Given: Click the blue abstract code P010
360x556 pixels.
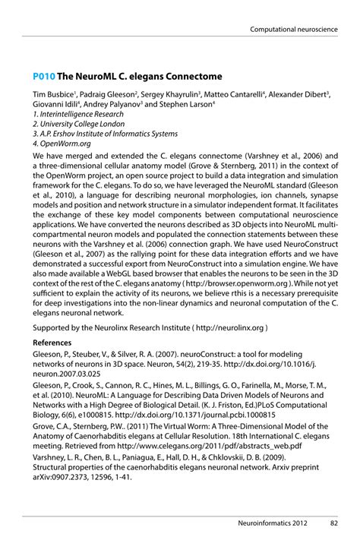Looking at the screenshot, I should click(x=43, y=77).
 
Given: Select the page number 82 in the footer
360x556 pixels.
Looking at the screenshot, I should click(x=333, y=523).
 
